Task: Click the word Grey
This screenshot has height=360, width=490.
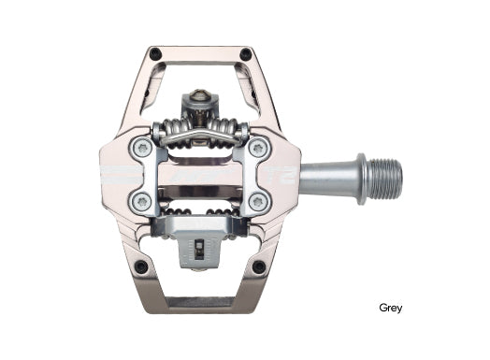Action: [391, 308]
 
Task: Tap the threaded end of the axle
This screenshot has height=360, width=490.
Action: [382, 175]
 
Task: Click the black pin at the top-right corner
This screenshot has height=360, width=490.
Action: [245, 54]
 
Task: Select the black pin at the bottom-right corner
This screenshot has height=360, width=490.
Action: [257, 267]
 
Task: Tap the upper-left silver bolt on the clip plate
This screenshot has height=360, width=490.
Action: [142, 147]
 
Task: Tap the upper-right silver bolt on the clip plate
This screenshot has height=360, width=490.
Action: [258, 147]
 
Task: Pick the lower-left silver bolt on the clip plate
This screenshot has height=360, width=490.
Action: [142, 201]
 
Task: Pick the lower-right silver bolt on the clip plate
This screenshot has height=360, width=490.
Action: [258, 201]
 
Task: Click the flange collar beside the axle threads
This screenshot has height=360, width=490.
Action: [357, 175]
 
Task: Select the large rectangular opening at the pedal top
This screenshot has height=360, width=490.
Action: [200, 75]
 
